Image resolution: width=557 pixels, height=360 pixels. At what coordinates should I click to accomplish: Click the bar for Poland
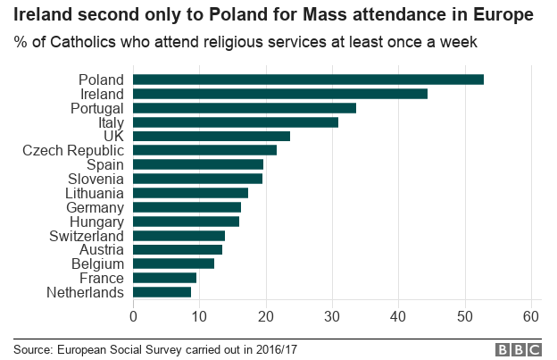(308, 80)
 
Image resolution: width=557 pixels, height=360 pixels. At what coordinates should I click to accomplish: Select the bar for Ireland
(280, 94)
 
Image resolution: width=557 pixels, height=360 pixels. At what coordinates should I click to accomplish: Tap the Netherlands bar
(162, 292)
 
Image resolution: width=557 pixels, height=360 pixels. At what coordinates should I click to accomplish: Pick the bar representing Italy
(236, 122)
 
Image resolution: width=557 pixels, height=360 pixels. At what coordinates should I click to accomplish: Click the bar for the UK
(212, 136)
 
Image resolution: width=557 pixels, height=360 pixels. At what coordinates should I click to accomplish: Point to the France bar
(164, 278)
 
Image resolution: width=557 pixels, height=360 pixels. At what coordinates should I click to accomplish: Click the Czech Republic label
(73, 150)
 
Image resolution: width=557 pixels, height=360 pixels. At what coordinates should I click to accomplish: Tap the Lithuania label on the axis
(95, 193)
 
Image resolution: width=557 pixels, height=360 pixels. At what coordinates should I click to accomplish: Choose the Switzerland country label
(87, 235)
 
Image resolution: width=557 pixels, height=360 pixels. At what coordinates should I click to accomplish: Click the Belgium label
(98, 264)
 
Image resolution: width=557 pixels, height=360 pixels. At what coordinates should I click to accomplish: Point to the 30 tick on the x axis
(332, 316)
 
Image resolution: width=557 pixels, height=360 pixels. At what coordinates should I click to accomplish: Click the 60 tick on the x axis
(531, 316)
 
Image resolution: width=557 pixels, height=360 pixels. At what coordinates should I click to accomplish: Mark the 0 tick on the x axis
(133, 316)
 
